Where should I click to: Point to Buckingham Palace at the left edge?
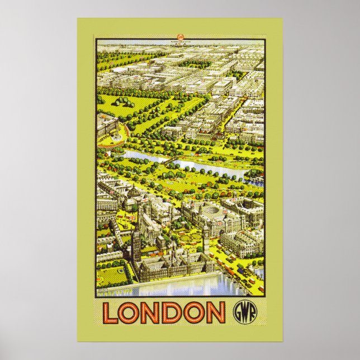pyautogui.click(x=106, y=127)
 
